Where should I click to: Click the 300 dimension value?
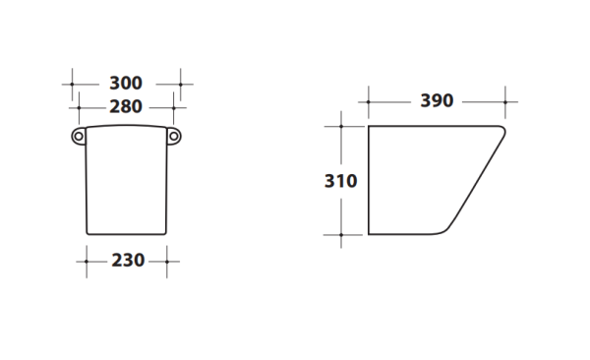[x=126, y=84]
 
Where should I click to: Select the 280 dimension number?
[x=126, y=107]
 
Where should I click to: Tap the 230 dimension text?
[x=128, y=261]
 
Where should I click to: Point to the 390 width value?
[x=437, y=101]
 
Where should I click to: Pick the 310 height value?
[x=340, y=181]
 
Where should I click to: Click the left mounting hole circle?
[x=79, y=137]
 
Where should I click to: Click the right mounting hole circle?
[x=173, y=137]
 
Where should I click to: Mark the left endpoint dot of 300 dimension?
[x=72, y=85]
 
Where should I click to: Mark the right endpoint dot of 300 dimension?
[x=181, y=85]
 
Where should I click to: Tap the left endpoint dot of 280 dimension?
[x=79, y=108]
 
